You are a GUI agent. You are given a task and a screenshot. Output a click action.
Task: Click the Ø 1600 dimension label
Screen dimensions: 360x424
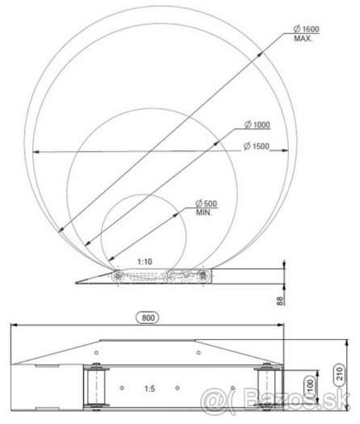(x=306, y=28)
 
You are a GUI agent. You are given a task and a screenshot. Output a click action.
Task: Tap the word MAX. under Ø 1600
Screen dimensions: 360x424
(x=303, y=39)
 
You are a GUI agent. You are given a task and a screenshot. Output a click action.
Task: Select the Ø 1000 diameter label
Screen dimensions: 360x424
(x=257, y=124)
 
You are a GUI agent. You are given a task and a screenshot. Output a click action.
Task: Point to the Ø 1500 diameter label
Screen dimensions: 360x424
(x=256, y=146)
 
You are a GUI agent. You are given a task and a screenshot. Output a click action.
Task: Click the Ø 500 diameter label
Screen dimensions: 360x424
(x=207, y=204)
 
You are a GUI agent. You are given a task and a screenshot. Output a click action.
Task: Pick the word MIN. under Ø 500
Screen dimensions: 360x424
(x=204, y=212)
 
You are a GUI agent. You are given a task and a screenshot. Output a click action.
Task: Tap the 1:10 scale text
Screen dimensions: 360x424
(x=144, y=262)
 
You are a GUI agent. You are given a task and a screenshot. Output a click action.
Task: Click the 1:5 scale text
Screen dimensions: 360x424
(x=149, y=388)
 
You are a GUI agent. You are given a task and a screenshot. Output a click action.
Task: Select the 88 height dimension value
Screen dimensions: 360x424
(x=280, y=301)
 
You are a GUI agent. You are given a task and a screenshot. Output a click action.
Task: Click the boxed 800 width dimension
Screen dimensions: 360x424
(x=148, y=317)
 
